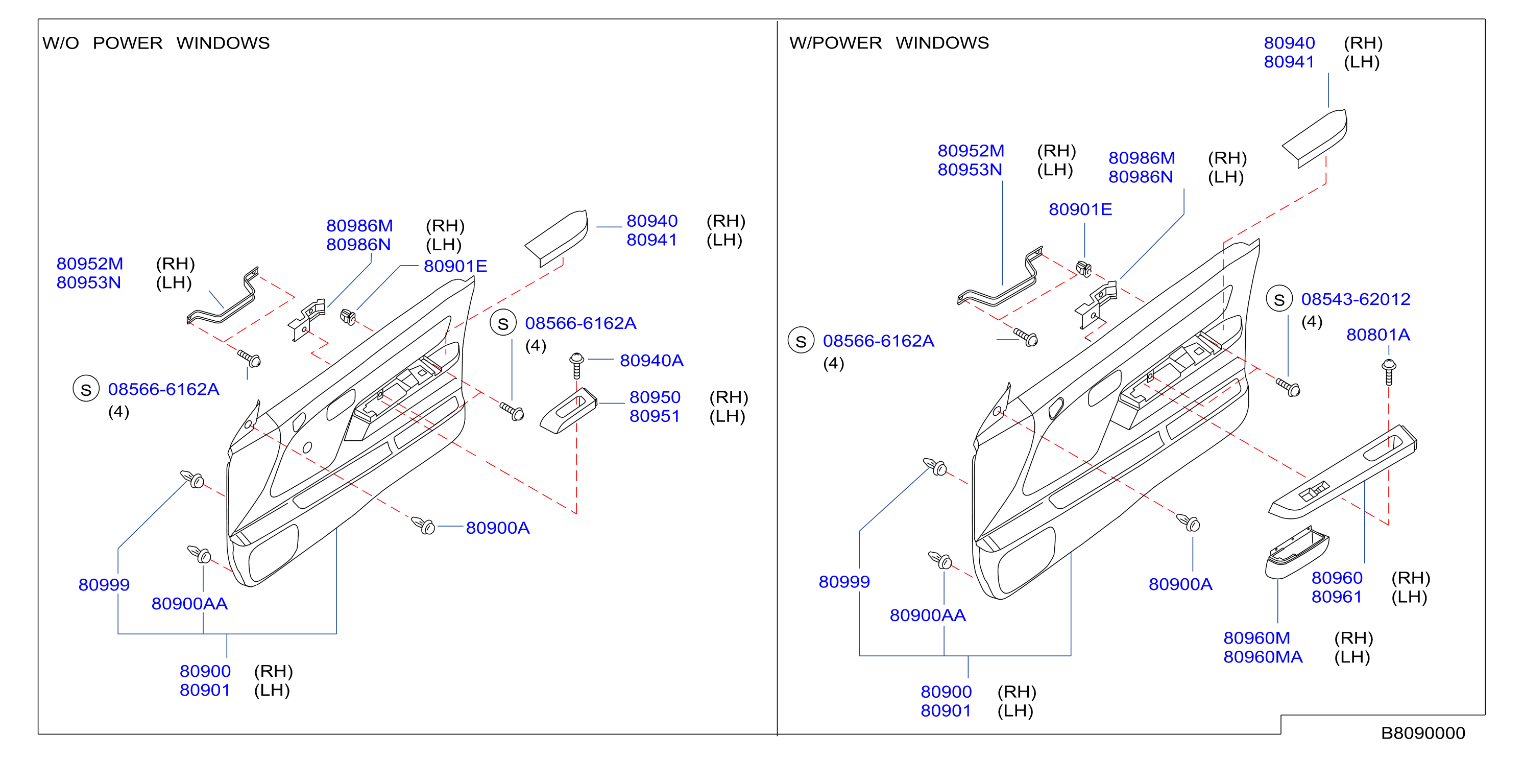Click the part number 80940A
coord(651,361)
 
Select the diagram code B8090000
coord(1423,733)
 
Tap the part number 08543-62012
coord(1356,299)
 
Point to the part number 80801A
coord(1378,335)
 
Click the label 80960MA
coord(1263,657)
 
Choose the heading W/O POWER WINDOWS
coord(156,42)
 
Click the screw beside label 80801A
coord(1389,372)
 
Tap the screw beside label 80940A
coord(576,366)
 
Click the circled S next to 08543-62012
coord(1279,300)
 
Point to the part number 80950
coord(655,397)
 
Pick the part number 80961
coord(1337,597)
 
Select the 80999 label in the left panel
coord(104,585)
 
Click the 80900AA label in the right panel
coord(928,615)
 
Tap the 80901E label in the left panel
coord(455,266)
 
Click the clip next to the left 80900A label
coord(424,525)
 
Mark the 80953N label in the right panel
coord(970,170)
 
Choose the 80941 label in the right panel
coord(1289,61)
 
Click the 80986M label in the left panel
coord(359,225)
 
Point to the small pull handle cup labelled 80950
coord(568,411)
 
